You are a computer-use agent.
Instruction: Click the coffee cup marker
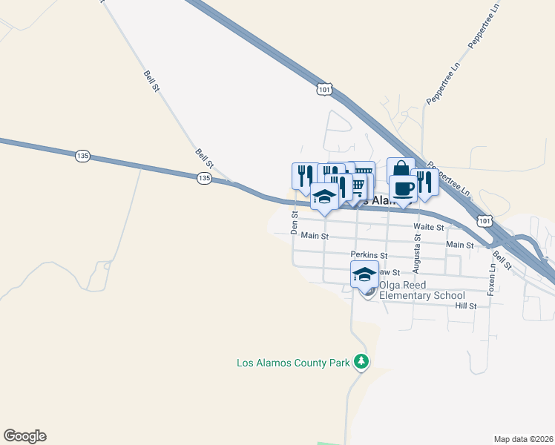tap(402, 188)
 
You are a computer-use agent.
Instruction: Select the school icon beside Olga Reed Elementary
tap(364, 274)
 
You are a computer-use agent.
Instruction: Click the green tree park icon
tap(361, 362)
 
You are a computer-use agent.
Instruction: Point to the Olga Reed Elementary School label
tap(421, 290)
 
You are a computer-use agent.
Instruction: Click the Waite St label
tap(428, 227)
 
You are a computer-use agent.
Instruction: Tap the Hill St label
tap(465, 306)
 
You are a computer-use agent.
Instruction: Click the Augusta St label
tap(417, 252)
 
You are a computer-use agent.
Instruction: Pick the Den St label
tap(295, 222)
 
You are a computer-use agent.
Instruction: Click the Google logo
tap(24, 436)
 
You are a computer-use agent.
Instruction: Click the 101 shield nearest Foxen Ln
tap(485, 220)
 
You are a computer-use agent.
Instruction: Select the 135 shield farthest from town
tap(82, 156)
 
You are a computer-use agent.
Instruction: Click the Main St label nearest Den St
tap(314, 236)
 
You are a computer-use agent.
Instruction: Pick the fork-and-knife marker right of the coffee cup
tap(424, 182)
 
